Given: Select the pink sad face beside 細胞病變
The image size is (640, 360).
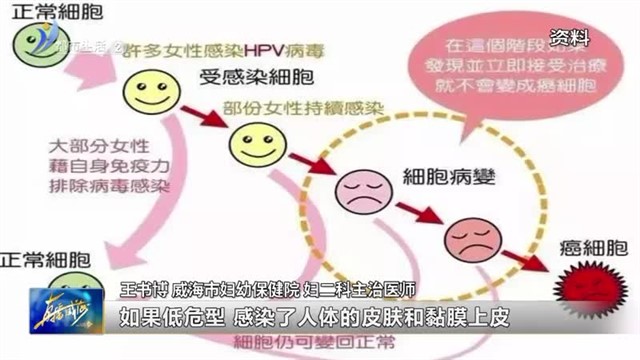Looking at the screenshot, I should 355,187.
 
